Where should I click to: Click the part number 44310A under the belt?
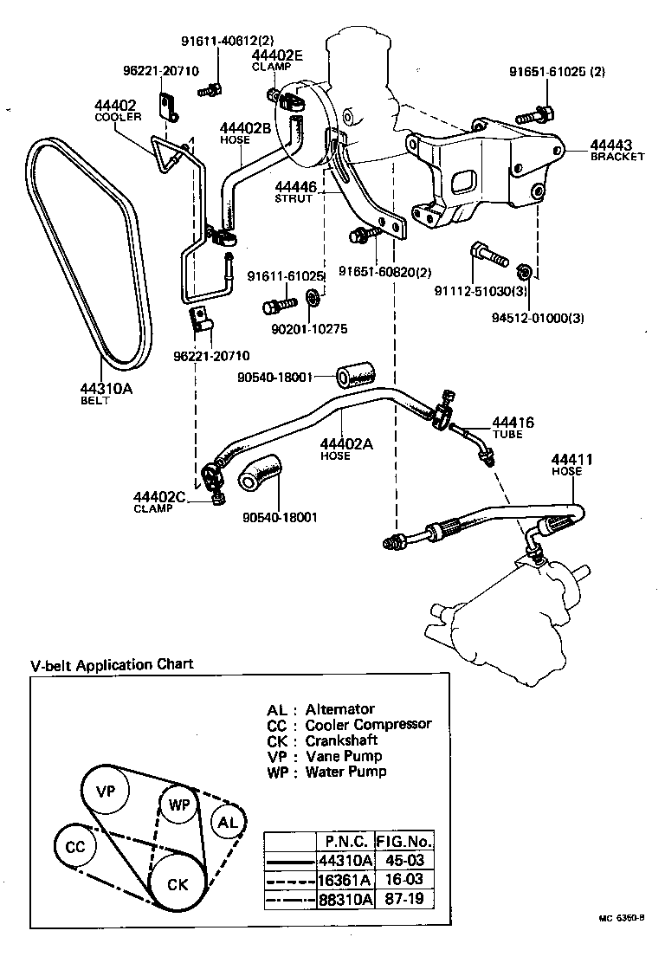[x=106, y=389]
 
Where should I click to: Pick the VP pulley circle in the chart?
[x=106, y=790]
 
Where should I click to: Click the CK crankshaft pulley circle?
[x=178, y=884]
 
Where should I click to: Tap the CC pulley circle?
[x=75, y=846]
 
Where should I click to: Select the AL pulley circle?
[x=227, y=823]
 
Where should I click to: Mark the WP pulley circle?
[x=179, y=805]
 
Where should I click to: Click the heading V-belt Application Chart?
[x=112, y=665]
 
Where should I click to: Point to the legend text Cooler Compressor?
[x=368, y=724]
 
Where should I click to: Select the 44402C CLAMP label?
[x=159, y=501]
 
